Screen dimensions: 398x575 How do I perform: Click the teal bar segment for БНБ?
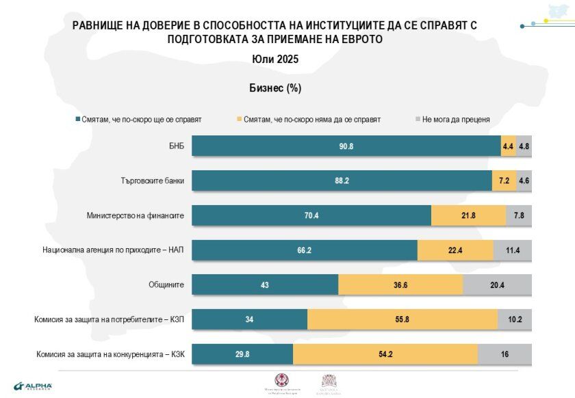coord(346,146)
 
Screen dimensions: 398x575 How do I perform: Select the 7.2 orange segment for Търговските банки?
coord(501,181)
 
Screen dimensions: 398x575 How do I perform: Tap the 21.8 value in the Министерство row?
coord(468,215)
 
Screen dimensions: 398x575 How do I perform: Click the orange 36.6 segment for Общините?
coord(400,285)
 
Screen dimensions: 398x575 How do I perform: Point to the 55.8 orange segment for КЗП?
coord(402,319)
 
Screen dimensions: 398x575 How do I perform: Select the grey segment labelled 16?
coord(504,354)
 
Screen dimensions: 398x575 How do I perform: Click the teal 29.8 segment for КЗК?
coord(242,354)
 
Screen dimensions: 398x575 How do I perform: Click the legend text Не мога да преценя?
coord(457,119)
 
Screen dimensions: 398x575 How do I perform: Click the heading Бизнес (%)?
coord(275,88)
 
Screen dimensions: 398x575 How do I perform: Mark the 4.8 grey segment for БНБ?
coord(524,146)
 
